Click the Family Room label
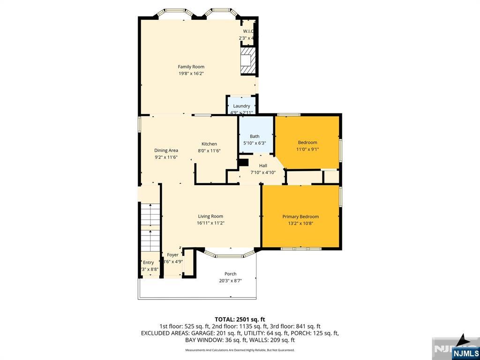coord(191,67)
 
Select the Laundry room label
coord(241,106)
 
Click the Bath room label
coord(255,136)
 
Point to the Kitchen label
coord(209,144)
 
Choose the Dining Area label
coord(166,150)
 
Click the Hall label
coord(263,165)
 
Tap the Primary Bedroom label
coord(300,217)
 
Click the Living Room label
coord(210,217)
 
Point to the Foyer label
coord(172,255)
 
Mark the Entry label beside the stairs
coord(148,262)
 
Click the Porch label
coord(230,274)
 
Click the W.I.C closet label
coord(248,31)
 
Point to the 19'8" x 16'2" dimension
coord(191,73)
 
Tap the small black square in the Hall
coord(243,163)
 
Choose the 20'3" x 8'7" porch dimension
coord(230,281)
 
